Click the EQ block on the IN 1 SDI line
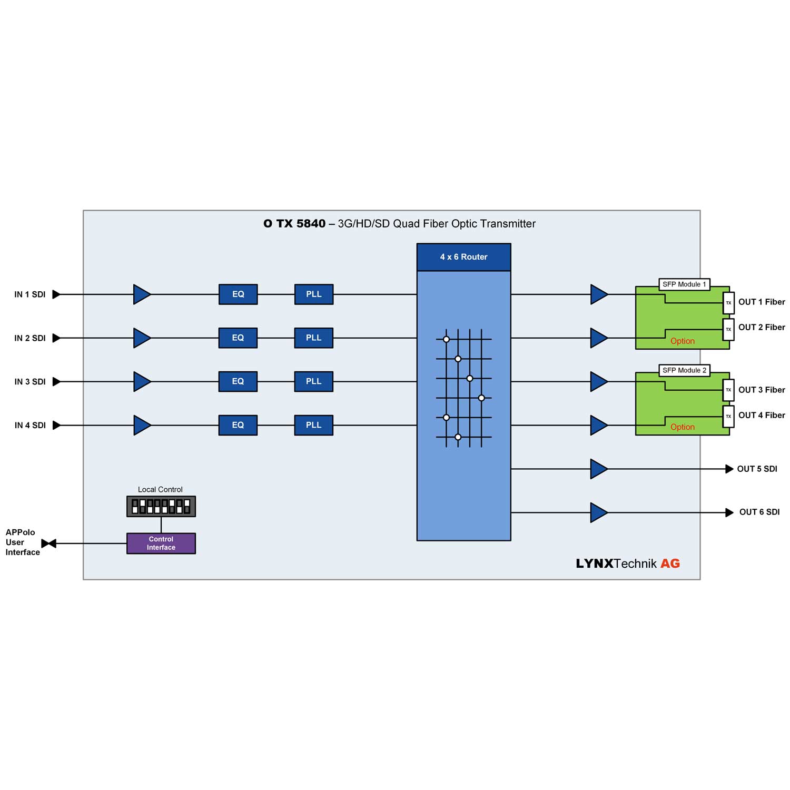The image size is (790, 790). [238, 294]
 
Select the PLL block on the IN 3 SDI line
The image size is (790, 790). [313, 381]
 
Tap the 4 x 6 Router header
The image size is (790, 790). [463, 257]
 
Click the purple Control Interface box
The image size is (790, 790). [161, 544]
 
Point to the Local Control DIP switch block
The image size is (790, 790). [161, 507]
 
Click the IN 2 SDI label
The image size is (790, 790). [30, 338]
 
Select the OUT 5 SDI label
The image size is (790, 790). [757, 469]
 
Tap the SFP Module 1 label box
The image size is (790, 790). [684, 284]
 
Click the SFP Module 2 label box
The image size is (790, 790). [684, 370]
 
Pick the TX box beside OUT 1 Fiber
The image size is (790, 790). [728, 303]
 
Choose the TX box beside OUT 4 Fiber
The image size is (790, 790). [728, 416]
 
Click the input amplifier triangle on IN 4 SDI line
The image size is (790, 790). [142, 425]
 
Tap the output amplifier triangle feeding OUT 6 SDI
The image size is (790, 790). [598, 512]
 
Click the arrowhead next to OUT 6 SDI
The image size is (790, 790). [729, 512]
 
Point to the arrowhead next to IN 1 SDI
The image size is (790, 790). [56, 294]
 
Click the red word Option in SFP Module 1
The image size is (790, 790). [683, 341]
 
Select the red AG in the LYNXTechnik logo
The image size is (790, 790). [670, 564]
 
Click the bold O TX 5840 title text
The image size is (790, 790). [294, 224]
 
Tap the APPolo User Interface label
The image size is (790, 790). [22, 542]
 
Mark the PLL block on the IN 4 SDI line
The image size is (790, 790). [313, 425]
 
